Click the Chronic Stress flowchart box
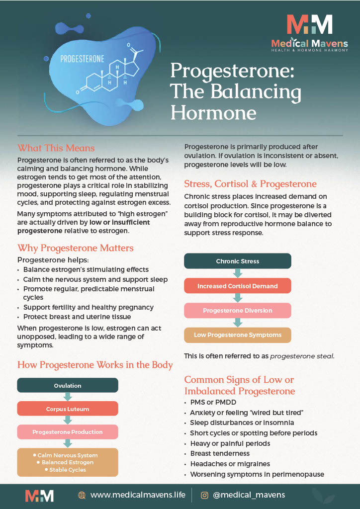238,261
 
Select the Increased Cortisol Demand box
238,286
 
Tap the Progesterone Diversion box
238,311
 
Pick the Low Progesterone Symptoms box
238,335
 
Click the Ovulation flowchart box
68,385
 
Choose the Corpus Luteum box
68,409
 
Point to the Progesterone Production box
68,432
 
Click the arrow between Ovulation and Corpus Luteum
68,397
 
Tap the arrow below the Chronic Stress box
238,273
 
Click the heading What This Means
56,148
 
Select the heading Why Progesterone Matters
76,248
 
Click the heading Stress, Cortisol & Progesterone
250,183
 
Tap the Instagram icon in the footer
204,495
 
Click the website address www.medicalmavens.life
138,495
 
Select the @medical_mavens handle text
249,495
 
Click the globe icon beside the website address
82,495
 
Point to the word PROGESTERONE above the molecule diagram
82,59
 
